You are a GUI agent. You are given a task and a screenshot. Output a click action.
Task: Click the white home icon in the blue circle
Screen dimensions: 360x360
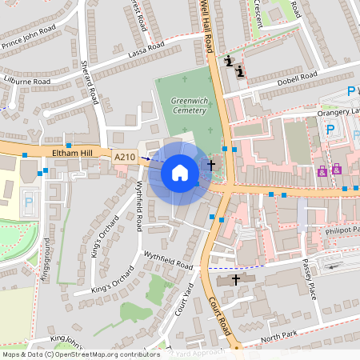pyautogui.click(x=180, y=173)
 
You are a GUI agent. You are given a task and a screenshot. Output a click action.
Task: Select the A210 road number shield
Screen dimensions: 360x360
pyautogui.click(x=124, y=158)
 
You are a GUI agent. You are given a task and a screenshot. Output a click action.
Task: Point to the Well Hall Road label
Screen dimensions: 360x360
pyautogui.click(x=208, y=32)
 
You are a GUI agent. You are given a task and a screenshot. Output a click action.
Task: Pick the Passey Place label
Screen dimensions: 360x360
pyautogui.click(x=310, y=277)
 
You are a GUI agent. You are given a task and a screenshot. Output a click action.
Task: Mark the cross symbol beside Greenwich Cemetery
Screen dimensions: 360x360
pyautogui.click(x=211, y=165)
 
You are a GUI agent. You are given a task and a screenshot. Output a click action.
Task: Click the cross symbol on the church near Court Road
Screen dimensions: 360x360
pyautogui.click(x=235, y=279)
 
